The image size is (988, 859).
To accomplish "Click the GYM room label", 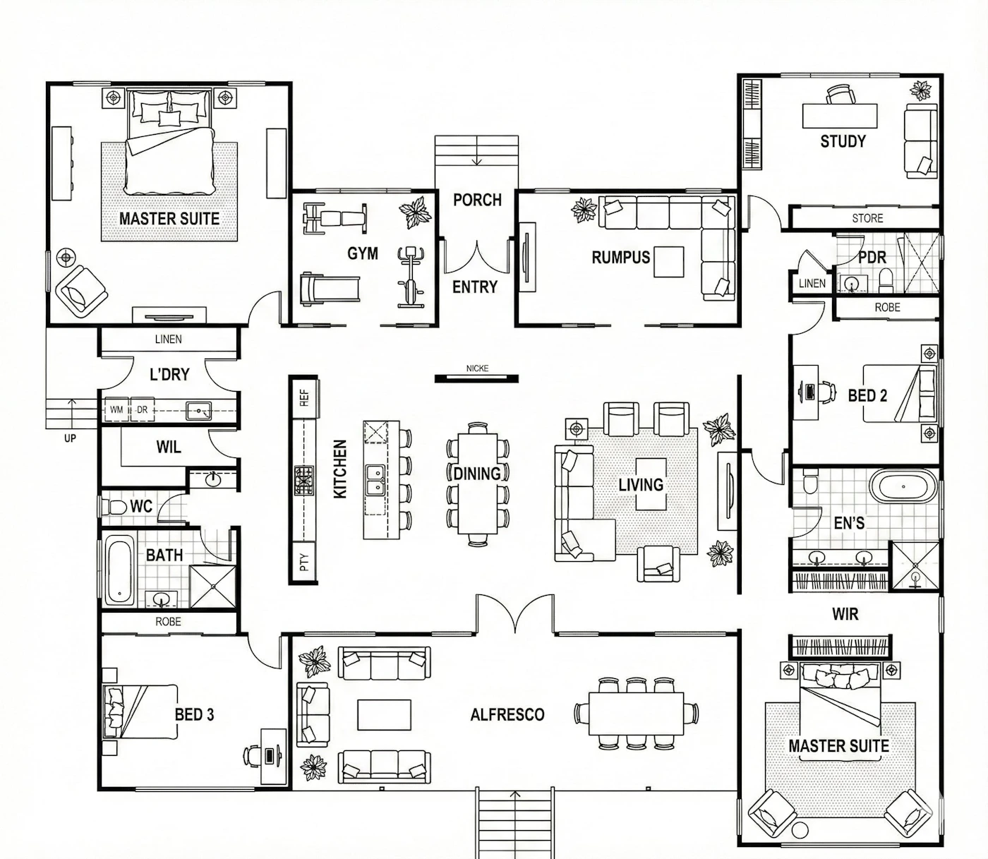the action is tap(363, 253).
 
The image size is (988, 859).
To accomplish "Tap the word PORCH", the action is tap(477, 200).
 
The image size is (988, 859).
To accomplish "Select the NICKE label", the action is tap(477, 368).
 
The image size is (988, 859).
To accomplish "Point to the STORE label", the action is tap(867, 218).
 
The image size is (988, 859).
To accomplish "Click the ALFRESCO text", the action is tap(507, 714).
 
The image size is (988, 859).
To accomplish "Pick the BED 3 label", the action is tap(194, 714).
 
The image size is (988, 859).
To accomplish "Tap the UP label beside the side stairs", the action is tap(70, 438).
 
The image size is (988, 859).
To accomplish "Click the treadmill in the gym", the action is tap(330, 289).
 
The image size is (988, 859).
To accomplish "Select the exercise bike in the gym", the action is tap(411, 277).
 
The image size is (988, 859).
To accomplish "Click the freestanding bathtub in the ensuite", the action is tap(903, 487).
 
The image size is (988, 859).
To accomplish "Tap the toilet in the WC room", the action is tap(112, 507).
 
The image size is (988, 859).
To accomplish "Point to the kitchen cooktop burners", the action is tap(303, 481).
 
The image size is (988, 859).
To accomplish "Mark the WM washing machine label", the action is tap(116, 410).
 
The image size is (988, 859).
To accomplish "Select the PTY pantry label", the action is tap(303, 562).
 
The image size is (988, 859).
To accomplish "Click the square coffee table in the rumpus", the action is tap(669, 262).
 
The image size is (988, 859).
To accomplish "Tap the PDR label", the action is tap(872, 258).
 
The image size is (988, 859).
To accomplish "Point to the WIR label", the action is tap(845, 614).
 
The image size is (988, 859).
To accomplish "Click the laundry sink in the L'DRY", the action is tap(198, 411).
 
